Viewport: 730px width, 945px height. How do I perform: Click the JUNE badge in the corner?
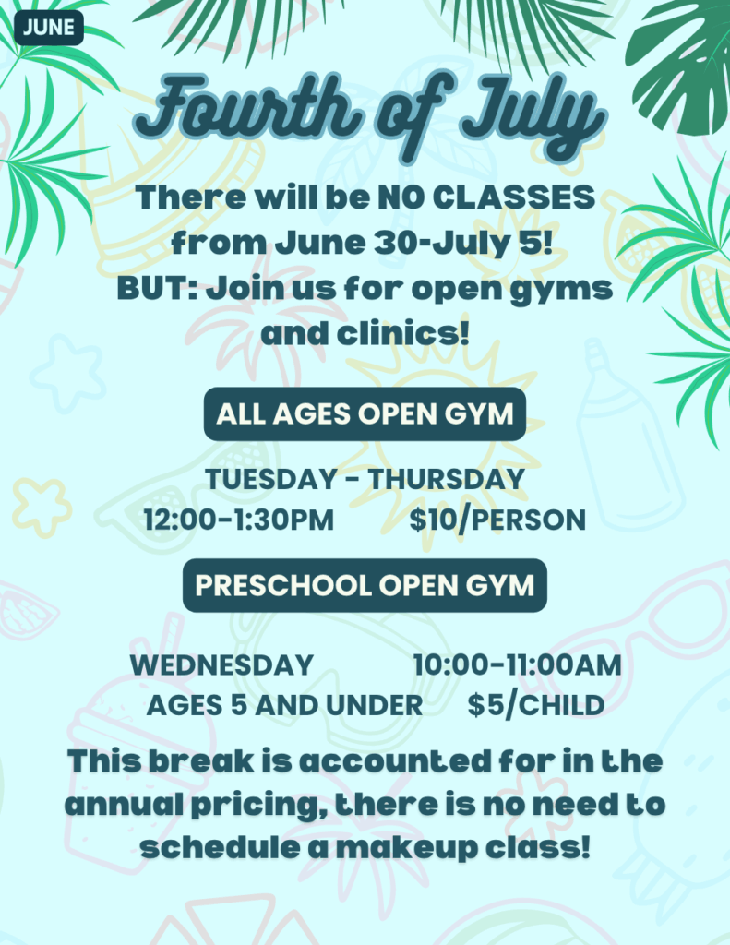(x=49, y=28)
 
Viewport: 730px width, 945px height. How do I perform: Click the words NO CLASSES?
(x=486, y=197)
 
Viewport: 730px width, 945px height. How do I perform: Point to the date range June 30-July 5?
(x=414, y=243)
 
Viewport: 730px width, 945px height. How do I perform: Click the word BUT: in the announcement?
(x=157, y=288)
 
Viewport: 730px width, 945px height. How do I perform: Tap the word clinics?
(x=402, y=333)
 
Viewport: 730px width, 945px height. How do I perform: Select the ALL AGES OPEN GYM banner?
(x=365, y=414)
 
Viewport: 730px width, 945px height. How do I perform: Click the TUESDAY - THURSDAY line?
(x=365, y=479)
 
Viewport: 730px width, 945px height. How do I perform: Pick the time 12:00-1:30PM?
(x=239, y=520)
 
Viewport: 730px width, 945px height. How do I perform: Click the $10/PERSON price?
(x=497, y=520)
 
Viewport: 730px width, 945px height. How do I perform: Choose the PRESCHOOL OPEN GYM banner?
(x=365, y=585)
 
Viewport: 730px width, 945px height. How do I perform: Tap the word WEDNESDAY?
(x=221, y=665)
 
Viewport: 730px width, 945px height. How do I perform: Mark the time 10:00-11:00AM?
(x=517, y=665)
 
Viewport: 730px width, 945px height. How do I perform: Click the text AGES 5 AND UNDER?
(x=284, y=705)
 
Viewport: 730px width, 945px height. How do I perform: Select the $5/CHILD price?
(x=536, y=705)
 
